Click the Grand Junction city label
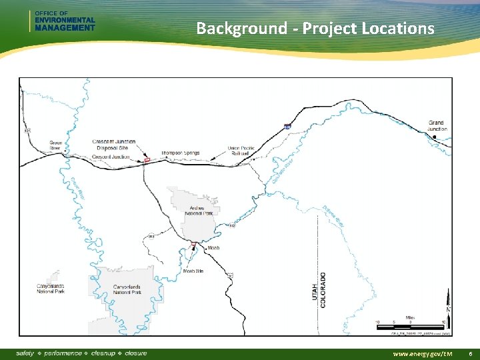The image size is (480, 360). point(436,126)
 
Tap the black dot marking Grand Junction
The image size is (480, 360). point(435,137)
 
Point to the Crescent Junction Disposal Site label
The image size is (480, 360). point(114,145)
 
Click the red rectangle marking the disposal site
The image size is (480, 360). point(147,160)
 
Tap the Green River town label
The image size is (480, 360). point(57,145)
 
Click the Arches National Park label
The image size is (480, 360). point(189,209)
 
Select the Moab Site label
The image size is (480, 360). point(193,271)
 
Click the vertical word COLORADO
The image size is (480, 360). point(323,289)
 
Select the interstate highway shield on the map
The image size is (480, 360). point(287,125)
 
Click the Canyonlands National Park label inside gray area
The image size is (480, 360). point(127,290)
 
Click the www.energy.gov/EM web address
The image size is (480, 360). point(423,353)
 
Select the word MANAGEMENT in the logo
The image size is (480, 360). point(64,27)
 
